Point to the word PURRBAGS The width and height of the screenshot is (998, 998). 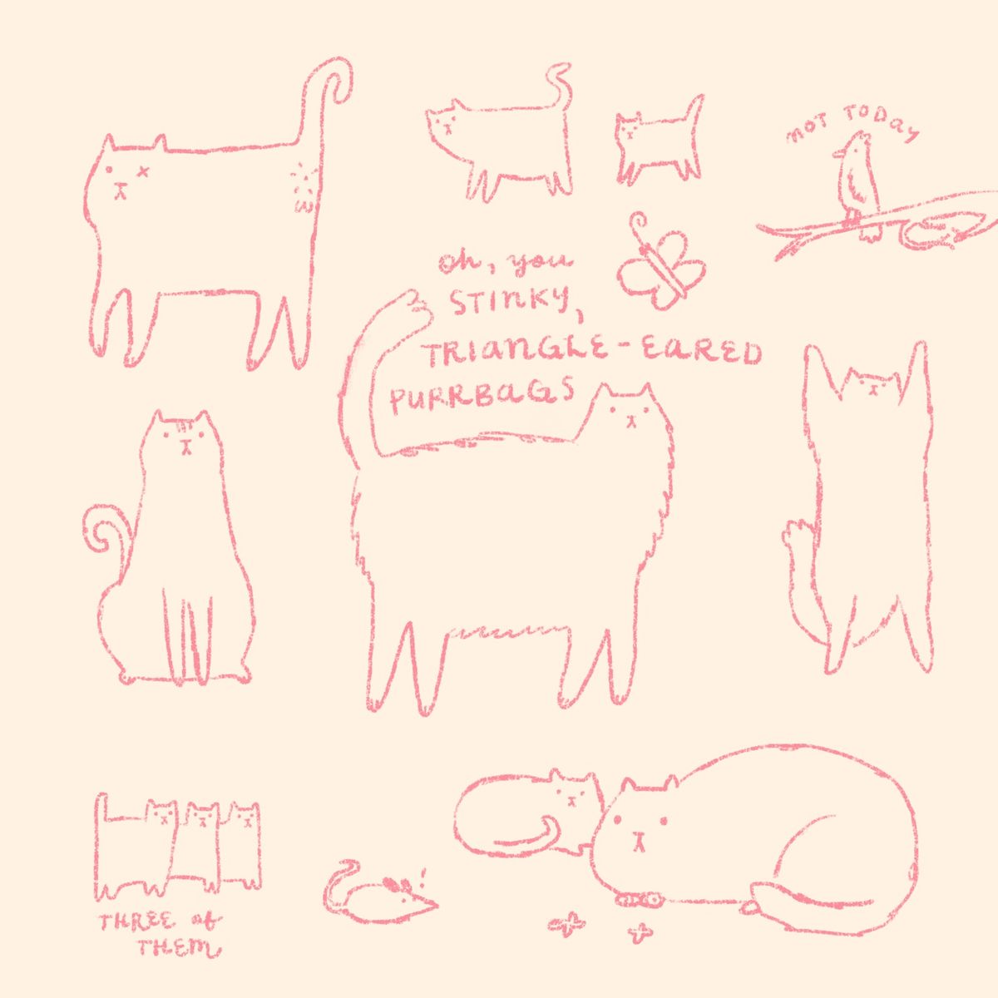482,399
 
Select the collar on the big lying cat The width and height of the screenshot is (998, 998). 640,900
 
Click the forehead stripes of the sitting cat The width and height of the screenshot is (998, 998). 183,428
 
